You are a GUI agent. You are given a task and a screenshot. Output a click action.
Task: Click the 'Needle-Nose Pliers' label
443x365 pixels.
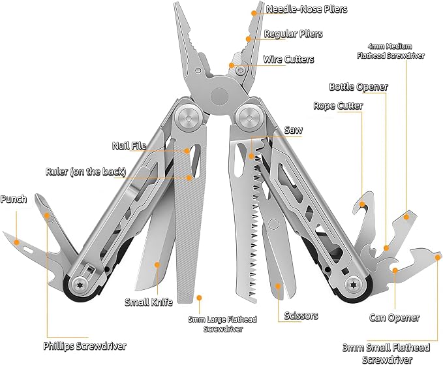(x=307, y=9)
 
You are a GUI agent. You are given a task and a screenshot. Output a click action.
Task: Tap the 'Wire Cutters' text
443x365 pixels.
(x=288, y=59)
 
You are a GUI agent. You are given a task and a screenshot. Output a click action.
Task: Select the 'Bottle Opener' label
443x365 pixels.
(x=359, y=86)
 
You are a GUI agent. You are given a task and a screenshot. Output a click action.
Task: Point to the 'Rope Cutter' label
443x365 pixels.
(x=338, y=106)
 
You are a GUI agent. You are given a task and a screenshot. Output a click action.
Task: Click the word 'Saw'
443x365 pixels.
(x=293, y=130)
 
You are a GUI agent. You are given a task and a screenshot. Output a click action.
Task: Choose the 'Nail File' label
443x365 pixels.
(x=129, y=146)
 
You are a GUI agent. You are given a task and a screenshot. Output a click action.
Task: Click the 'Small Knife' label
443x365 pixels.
(x=149, y=302)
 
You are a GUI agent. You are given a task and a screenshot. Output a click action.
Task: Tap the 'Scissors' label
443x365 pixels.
(x=301, y=315)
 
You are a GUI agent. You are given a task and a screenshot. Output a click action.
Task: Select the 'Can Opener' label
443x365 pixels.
(x=395, y=317)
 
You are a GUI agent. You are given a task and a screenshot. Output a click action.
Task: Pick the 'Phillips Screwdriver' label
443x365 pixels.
(x=85, y=346)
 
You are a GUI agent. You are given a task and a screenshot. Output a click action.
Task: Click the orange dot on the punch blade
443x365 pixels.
(x=17, y=242)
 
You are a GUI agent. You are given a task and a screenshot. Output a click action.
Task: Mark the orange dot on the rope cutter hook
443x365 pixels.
(x=361, y=204)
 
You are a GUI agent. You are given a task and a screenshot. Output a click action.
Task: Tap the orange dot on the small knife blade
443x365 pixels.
(x=157, y=264)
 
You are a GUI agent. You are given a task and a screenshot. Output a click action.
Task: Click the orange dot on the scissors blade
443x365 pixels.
(x=278, y=286)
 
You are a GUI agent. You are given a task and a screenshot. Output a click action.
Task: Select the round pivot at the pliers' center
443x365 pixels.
(x=219, y=96)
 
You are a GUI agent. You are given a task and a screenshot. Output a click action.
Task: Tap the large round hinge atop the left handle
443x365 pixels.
(x=187, y=118)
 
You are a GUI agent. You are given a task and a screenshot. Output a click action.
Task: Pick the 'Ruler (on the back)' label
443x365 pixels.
(x=86, y=172)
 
